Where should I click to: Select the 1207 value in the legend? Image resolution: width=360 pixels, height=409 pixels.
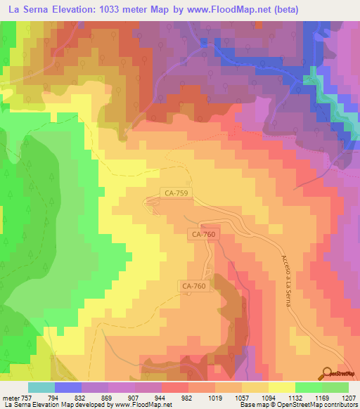(x=349, y=396)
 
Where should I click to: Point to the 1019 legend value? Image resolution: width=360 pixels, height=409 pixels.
(x=215, y=396)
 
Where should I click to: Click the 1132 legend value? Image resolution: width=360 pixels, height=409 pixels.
(x=295, y=396)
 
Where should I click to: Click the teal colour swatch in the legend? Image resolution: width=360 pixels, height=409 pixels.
(x=41, y=387)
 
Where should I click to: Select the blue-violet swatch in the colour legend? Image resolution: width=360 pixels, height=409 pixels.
(x=68, y=387)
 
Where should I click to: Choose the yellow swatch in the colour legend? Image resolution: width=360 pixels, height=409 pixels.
(x=282, y=387)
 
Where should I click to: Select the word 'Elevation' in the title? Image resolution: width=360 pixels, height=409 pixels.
(x=77, y=10)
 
